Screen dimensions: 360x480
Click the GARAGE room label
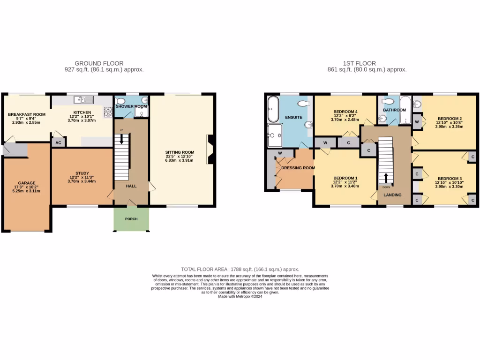pyautogui.click(x=27, y=183)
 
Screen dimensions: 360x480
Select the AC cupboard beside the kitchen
pyautogui.click(x=58, y=142)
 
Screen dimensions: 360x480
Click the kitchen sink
pyautogui.click(x=84, y=99)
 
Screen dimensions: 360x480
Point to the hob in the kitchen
pyautogui.click(x=108, y=111)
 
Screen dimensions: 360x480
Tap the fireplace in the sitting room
pyautogui.click(x=210, y=150)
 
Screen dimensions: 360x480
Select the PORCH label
pyautogui.click(x=131, y=219)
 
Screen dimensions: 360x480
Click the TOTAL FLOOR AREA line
pyautogui.click(x=240, y=269)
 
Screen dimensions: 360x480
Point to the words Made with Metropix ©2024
pyautogui.click(x=240, y=296)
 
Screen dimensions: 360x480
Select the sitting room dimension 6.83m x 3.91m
pyautogui.click(x=179, y=160)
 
